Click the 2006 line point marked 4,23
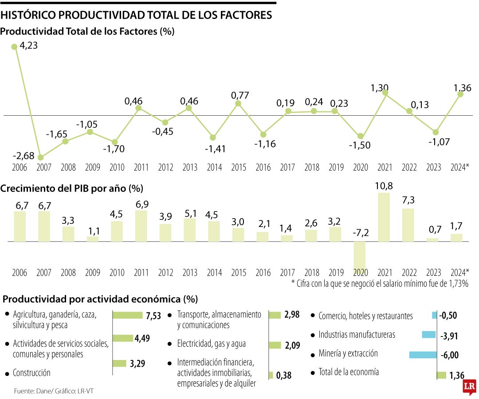coord(14,46)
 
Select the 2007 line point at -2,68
coord(41,157)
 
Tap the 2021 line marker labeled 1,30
coord(385,93)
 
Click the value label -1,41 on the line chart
coord(215,149)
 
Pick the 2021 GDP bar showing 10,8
coord(384,217)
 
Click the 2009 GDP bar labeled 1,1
coord(92,239)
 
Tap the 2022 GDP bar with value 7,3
coord(408,225)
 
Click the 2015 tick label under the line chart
coord(239,168)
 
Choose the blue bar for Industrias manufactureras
coord(429,335)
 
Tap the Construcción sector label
coord(31,373)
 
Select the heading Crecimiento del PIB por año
coord(71,188)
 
